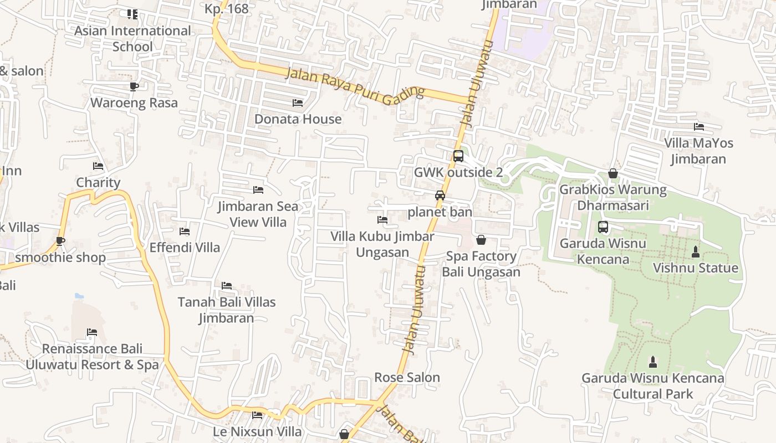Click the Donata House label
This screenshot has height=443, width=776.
point(298,119)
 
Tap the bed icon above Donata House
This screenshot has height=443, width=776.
point(298,103)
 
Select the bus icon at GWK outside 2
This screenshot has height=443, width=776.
point(458,156)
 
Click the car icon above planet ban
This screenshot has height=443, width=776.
point(440,195)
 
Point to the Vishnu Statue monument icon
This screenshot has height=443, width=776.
point(696,252)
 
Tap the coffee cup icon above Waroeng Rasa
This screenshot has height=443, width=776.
point(134,86)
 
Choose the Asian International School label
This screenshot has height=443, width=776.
point(132,39)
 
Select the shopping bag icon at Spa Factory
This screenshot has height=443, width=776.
point(481,240)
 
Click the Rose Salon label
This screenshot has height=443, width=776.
point(407,378)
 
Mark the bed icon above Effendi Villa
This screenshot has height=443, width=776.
point(185,231)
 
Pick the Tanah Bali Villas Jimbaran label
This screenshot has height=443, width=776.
point(226,310)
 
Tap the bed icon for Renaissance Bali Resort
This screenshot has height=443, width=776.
point(92,333)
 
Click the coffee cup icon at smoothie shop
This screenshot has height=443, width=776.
point(60,241)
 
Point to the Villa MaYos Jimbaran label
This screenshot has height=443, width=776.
point(698,151)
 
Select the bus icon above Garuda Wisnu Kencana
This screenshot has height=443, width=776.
point(603,227)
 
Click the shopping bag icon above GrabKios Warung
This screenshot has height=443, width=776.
point(613,174)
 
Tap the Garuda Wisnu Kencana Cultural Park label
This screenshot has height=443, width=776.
point(653,386)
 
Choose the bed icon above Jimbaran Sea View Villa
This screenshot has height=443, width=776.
point(258,190)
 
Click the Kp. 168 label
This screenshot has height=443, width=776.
point(226,9)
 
